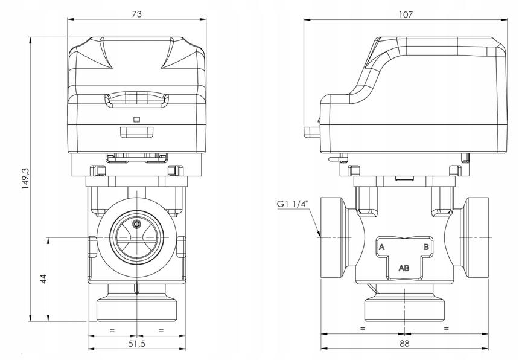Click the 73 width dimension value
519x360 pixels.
138,13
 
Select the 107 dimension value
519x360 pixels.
405,13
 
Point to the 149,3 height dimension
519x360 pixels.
25,179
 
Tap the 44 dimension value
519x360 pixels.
43,279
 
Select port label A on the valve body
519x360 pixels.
381,247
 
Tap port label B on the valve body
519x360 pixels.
425,247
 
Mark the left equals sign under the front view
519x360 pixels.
112,329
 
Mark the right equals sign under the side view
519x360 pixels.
446,328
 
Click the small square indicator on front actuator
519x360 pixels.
136,119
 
